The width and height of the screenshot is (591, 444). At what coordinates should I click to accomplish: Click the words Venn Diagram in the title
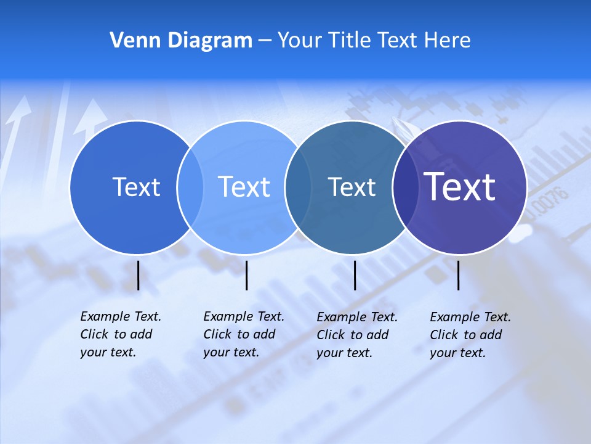(x=181, y=41)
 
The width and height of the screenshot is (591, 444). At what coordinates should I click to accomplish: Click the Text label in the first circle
(x=136, y=187)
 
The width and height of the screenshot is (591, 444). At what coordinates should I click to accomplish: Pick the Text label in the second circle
(x=244, y=187)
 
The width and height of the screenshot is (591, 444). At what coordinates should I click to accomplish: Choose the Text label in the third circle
(x=352, y=187)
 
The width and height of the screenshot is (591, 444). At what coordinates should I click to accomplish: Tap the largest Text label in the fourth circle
(x=460, y=187)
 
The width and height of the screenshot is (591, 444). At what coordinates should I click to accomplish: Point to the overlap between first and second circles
(x=190, y=187)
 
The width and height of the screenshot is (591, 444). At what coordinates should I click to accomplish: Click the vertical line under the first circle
(x=139, y=275)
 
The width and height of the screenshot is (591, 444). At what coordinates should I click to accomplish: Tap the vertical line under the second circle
(x=246, y=275)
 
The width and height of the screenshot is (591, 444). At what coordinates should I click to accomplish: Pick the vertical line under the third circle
(x=355, y=275)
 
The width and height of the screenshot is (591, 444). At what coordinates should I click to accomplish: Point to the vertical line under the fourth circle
(x=459, y=275)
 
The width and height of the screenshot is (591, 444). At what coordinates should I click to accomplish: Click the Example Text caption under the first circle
(x=121, y=334)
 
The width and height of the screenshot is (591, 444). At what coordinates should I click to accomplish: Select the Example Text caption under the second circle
(x=244, y=334)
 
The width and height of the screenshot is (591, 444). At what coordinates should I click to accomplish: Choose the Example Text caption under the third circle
(x=357, y=335)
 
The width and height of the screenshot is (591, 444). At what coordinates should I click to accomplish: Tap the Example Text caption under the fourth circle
(x=470, y=335)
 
